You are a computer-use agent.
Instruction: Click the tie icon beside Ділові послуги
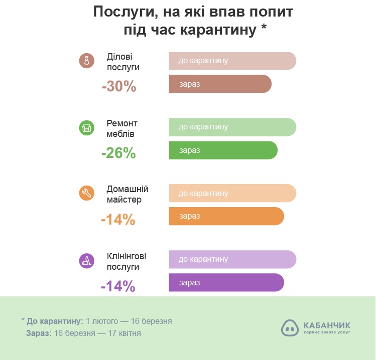pyautogui.click(x=87, y=61)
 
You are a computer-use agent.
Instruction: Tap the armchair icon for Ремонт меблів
pyautogui.click(x=87, y=127)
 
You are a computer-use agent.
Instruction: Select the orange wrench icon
pyautogui.click(x=87, y=194)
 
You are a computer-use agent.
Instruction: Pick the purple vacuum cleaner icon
pyautogui.click(x=87, y=260)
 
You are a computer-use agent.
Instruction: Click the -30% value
pyautogui.click(x=119, y=87)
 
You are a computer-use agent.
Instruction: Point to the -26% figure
pyautogui.click(x=118, y=153)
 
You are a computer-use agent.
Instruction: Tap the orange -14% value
pyautogui.click(x=118, y=219)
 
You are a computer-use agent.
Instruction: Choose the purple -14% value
pyautogui.click(x=118, y=286)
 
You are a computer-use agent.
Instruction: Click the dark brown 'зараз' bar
pyautogui.click(x=220, y=84)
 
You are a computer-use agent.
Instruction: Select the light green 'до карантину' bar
pyautogui.click(x=232, y=127)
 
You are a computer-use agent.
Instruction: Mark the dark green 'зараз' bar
pyautogui.click(x=223, y=150)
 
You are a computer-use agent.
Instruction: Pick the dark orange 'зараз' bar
pyautogui.click(x=226, y=216)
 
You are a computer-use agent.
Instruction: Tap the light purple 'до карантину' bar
pyautogui.click(x=232, y=259)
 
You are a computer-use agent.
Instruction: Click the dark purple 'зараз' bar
pyautogui.click(x=226, y=282)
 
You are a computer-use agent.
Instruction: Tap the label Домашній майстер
pyautogui.click(x=128, y=194)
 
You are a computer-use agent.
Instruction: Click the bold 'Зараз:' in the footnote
pyautogui.click(x=38, y=333)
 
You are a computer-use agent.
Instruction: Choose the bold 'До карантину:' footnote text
pyautogui.click(x=55, y=320)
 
